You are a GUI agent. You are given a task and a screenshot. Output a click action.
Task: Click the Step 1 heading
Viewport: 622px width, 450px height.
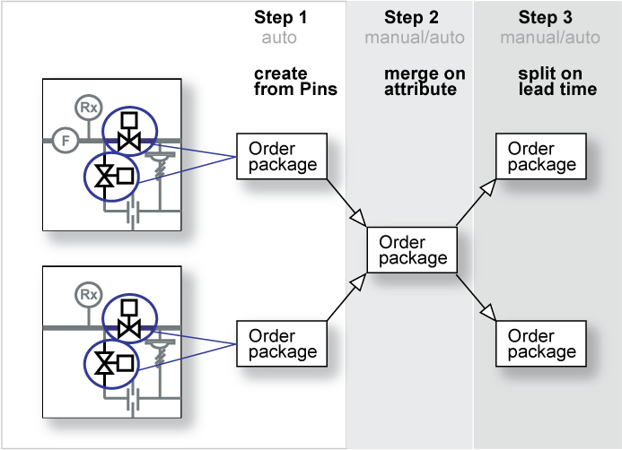point(280,17)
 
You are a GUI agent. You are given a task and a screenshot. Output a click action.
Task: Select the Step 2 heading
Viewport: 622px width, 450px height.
point(411,17)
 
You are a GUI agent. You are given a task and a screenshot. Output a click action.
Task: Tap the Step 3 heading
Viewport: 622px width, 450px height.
point(546,17)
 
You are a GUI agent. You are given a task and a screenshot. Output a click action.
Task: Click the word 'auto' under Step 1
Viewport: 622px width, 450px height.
point(279,38)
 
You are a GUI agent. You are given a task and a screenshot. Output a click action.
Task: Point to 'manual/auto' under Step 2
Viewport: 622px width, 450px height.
point(415,38)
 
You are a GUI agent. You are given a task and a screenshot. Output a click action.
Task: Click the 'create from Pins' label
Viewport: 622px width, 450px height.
point(295,82)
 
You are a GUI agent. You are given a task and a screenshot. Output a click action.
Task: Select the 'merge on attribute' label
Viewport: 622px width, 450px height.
point(425,82)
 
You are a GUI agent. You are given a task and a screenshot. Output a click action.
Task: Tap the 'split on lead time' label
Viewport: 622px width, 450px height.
point(557,82)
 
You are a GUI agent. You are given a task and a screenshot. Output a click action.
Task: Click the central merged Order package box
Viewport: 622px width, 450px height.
point(412,250)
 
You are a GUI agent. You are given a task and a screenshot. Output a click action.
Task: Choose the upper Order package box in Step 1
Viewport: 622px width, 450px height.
point(282,157)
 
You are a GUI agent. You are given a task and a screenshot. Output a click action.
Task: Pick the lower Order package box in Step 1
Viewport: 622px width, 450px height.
point(282,343)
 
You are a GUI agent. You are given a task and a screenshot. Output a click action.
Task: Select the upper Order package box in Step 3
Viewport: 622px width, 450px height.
point(541,157)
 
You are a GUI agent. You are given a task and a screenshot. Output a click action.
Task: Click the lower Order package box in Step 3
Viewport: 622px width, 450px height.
point(541,343)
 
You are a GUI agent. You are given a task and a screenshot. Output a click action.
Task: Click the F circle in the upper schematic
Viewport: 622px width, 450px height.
point(66,140)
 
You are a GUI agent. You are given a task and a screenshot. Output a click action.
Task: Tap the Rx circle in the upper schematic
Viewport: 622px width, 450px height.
point(89,108)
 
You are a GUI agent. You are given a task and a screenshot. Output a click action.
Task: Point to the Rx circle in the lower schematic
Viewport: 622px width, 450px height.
point(89,295)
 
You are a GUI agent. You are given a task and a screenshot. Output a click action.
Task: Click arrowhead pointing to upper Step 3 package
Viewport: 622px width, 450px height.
point(489,187)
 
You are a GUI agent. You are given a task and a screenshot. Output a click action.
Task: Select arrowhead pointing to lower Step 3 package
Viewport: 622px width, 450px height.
point(488,312)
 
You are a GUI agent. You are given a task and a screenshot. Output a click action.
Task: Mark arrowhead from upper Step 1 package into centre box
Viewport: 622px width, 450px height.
point(359,218)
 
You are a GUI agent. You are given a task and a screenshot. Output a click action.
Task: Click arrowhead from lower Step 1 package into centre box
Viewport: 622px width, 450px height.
point(359,282)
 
